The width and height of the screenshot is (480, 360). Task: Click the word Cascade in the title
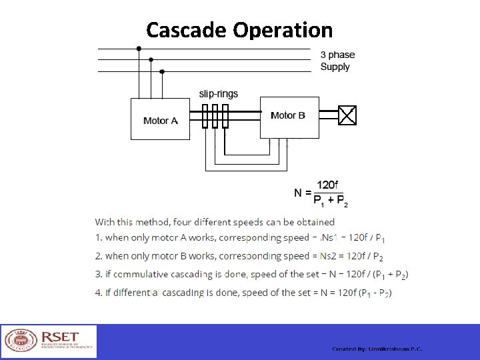187,30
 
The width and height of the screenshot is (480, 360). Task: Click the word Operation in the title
283,30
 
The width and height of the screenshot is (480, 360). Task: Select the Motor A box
161,120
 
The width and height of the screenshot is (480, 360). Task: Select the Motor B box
289,116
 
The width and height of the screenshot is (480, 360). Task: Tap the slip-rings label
219,94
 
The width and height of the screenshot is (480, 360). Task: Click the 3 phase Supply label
337,61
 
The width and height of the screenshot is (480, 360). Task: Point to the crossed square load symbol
348,116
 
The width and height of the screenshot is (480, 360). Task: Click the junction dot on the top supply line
139,49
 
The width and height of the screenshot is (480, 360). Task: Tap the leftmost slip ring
206,116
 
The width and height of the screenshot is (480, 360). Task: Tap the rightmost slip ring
225,116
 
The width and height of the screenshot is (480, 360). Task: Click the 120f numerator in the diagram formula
327,185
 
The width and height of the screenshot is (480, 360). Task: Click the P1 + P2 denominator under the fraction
330,201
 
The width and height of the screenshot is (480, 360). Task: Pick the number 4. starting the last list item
99,293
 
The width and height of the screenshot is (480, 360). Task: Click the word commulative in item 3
138,275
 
